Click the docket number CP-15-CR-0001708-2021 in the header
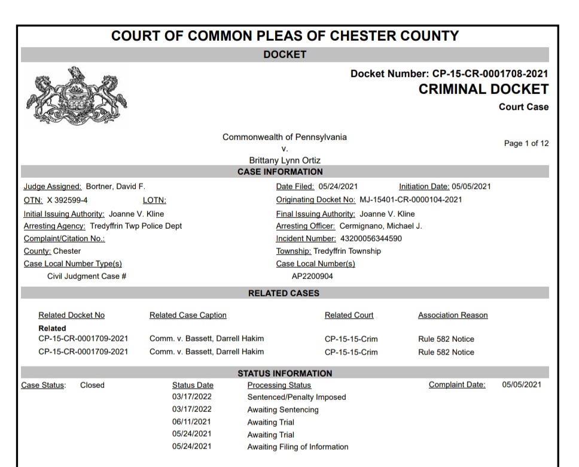(490, 74)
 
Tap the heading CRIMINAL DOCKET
(483, 90)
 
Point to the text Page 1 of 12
(526, 144)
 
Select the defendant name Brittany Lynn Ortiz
(284, 160)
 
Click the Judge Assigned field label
(52, 186)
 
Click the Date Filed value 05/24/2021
(338, 186)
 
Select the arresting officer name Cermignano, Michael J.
(380, 226)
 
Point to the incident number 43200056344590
(371, 239)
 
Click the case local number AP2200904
(312, 277)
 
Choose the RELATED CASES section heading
(284, 293)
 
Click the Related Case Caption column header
(188, 316)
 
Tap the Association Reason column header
(453, 316)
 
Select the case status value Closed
(92, 385)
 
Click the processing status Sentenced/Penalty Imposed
(297, 397)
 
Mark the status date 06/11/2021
(191, 422)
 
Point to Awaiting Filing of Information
(298, 447)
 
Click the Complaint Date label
(457, 385)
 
